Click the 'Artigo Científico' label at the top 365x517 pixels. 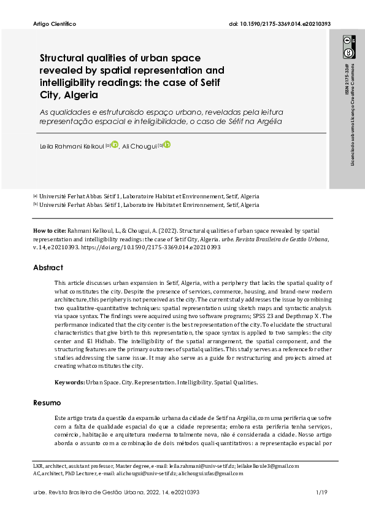point(53,24)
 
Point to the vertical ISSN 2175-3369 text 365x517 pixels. point(347,80)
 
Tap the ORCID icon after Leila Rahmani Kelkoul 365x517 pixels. point(114,145)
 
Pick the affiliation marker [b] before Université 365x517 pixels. point(35,205)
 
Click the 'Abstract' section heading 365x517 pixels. point(48,268)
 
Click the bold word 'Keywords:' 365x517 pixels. point(69,382)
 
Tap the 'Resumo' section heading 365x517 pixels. point(47,403)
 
